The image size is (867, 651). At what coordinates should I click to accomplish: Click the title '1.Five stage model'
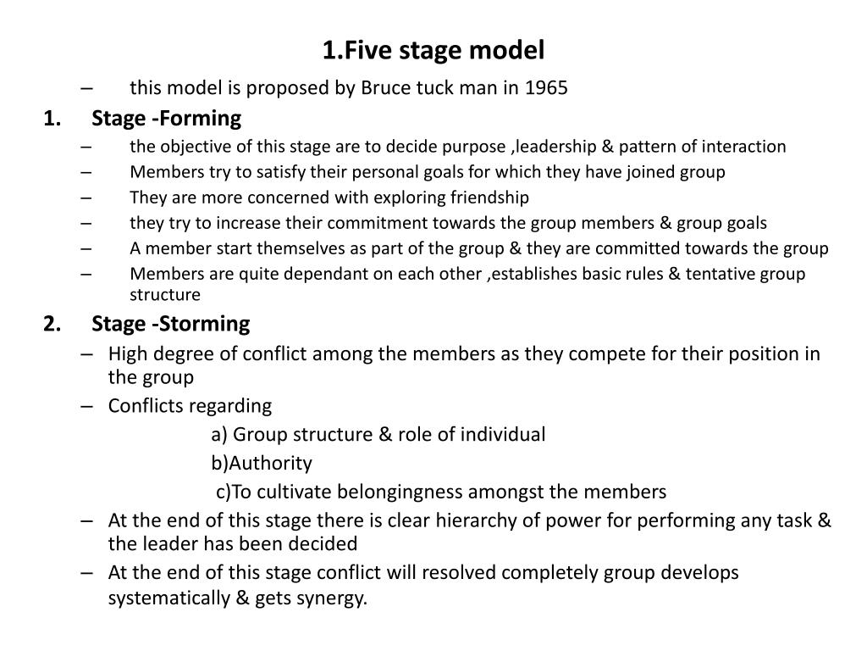433,50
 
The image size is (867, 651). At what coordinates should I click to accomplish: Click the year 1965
546,88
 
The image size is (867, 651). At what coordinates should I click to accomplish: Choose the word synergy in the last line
334,598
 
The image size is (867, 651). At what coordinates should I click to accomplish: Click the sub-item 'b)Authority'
262,463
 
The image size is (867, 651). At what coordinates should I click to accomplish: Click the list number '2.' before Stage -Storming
52,324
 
